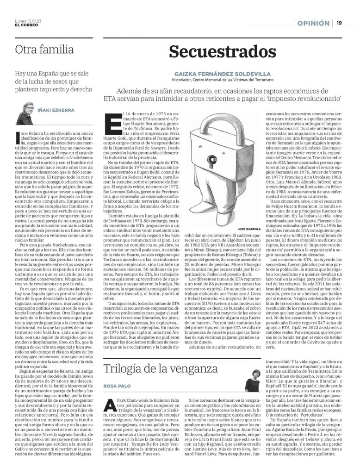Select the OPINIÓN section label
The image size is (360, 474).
pos(313,23)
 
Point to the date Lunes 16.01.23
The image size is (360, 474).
pos(28,21)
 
